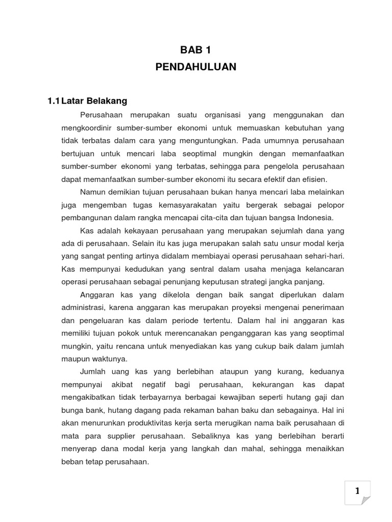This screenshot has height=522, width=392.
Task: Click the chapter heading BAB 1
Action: [195, 50]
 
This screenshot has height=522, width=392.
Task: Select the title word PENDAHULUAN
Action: [196, 67]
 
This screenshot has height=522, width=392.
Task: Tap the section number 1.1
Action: [54, 101]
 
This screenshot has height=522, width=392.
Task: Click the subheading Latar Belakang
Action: [94, 101]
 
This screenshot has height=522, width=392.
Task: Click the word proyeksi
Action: [237, 307]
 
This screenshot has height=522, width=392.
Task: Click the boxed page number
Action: [358, 491]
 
